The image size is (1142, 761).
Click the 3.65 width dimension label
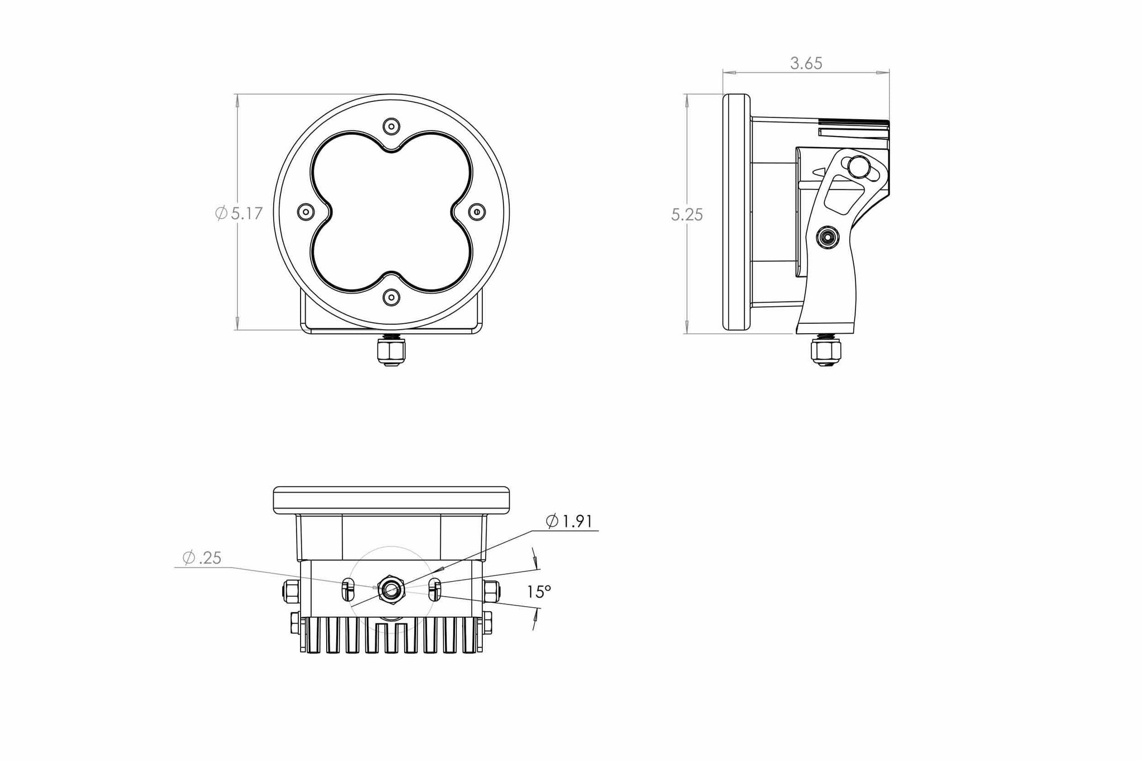click(806, 64)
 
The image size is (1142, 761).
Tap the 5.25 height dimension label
click(687, 214)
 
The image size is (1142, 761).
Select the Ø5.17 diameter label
click(239, 213)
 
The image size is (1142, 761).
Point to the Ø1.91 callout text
click(569, 521)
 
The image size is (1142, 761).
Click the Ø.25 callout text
click(202, 558)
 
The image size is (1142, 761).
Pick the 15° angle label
click(539, 591)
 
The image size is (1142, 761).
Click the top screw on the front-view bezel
click(392, 125)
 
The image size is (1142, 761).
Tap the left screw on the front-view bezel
click(306, 211)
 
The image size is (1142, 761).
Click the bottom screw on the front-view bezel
click(392, 297)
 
